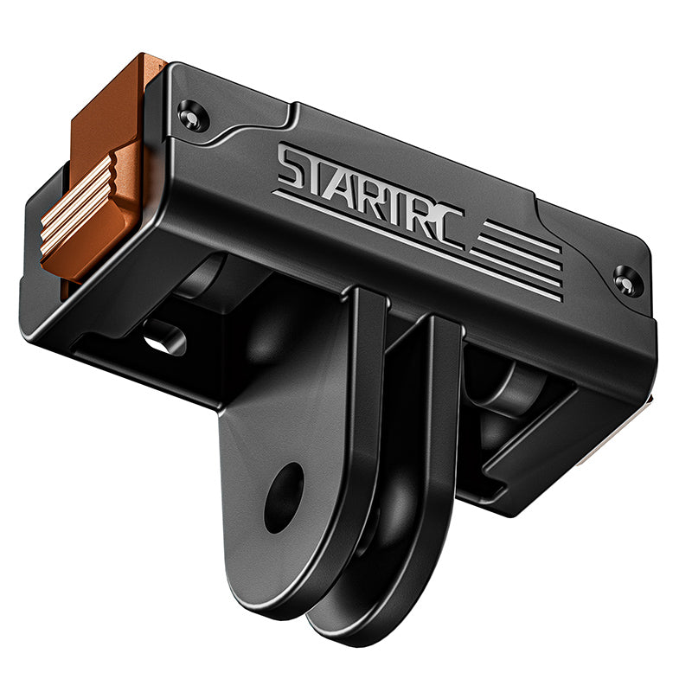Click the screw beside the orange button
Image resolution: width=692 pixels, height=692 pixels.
[193, 114]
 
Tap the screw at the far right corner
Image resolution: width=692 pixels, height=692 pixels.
[627, 279]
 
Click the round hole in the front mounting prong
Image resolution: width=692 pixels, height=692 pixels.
[283, 497]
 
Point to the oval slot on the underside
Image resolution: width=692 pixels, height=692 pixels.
[164, 338]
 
